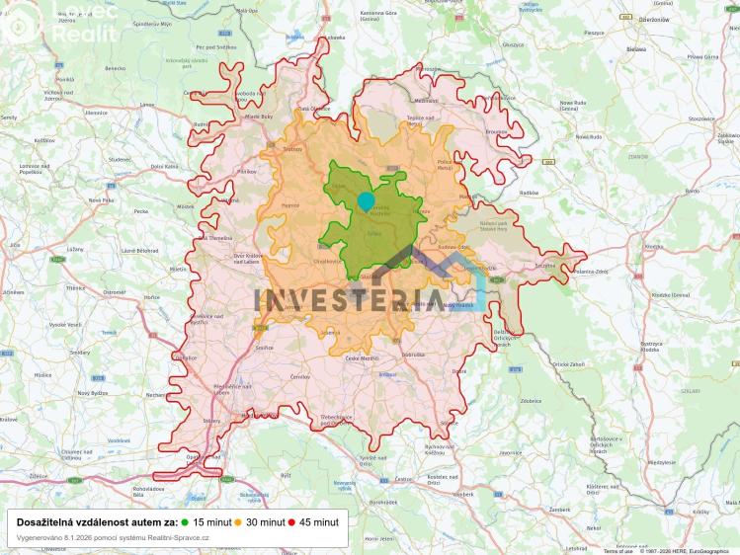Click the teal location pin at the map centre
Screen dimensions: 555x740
pos(366,201)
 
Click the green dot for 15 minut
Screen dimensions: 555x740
pos(185,521)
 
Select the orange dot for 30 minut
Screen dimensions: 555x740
pos(238,521)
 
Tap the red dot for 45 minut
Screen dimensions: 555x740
pos(291,521)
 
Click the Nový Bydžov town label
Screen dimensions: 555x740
pos(92,393)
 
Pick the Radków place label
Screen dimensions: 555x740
pos(529,193)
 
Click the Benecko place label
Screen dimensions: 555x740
pos(116,68)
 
